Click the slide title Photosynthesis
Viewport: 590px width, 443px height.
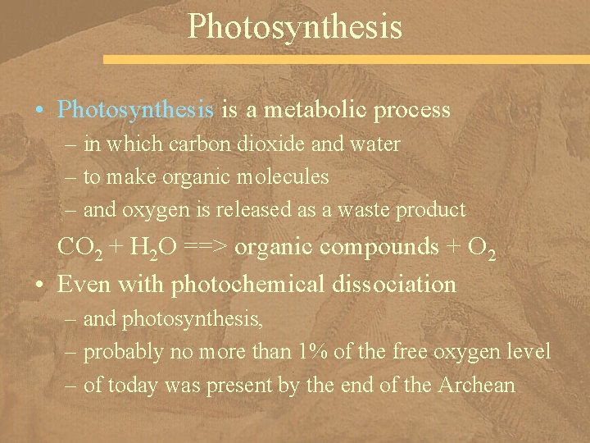point(295,25)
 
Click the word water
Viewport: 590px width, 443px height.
point(375,144)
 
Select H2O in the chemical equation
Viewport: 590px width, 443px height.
point(149,248)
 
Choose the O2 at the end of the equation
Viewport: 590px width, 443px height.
point(482,248)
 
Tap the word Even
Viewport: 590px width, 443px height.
point(83,284)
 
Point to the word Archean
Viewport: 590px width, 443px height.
point(477,385)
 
